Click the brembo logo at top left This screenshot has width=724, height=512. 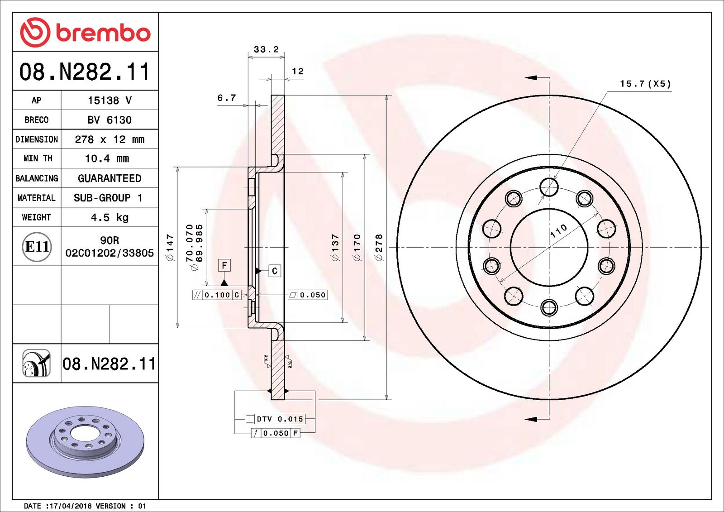coord(85,33)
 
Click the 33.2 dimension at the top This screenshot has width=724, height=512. coord(266,49)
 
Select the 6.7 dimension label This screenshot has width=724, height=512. coord(226,98)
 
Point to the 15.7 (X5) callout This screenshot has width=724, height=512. coord(645,84)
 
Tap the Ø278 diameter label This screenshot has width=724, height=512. coord(379,247)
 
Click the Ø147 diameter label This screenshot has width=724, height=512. coord(170,247)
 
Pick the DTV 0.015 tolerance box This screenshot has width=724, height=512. coord(275,419)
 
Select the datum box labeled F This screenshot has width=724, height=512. coord(224,265)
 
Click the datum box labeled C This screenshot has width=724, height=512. coord(275,271)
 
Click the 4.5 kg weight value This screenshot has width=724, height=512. coord(110,217)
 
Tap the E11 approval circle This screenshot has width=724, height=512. coord(37,247)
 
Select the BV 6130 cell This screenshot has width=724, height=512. coord(110,120)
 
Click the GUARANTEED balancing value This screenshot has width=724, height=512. coord(110,178)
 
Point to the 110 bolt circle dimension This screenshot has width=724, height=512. coord(558,231)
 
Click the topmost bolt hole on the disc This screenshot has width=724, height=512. coord(549,187)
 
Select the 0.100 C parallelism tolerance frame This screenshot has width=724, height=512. coord(217,295)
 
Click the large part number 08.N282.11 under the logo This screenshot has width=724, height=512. coord(85,72)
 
